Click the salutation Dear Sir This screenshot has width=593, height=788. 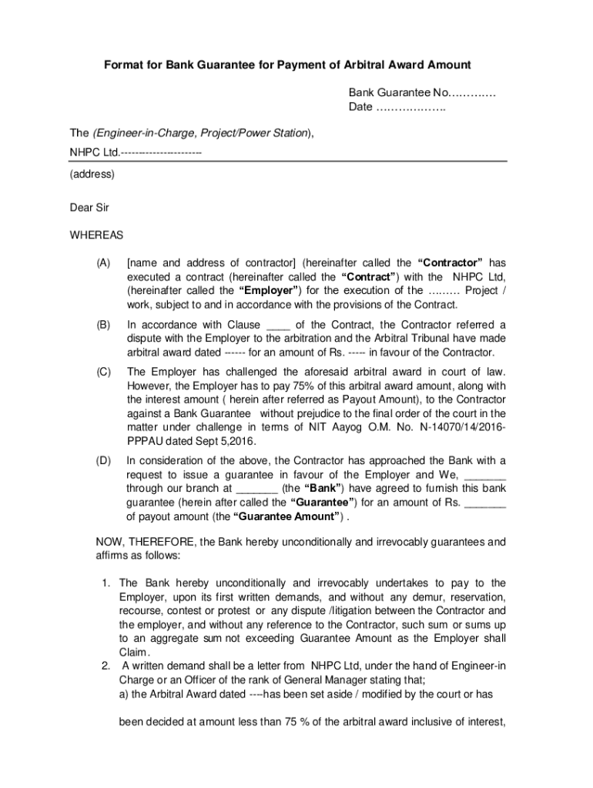click(x=90, y=207)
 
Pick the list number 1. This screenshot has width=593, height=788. click(x=106, y=583)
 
